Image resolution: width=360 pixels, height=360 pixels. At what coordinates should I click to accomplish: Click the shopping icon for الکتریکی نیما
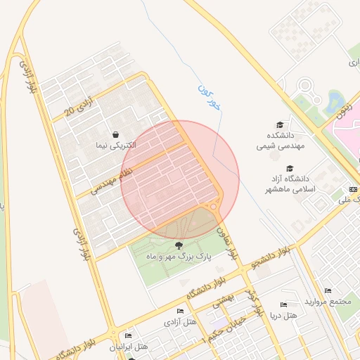[x=115, y=134]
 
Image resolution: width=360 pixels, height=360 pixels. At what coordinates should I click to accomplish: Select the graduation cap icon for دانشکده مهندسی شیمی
[x=279, y=124]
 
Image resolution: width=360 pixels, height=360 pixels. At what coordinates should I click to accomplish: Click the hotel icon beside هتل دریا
[x=283, y=305]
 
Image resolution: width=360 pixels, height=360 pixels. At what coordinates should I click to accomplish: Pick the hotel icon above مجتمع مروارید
[x=328, y=291]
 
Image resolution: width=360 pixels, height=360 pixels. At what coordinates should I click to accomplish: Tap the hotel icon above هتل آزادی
[x=180, y=311]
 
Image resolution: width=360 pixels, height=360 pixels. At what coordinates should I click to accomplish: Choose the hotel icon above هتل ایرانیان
[x=127, y=336]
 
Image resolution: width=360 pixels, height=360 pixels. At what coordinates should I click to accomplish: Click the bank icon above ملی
[x=352, y=190]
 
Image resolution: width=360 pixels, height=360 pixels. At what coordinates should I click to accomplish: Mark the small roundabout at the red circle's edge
[x=213, y=207]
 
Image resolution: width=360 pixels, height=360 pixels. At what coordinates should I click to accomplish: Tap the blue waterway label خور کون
[x=209, y=99]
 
